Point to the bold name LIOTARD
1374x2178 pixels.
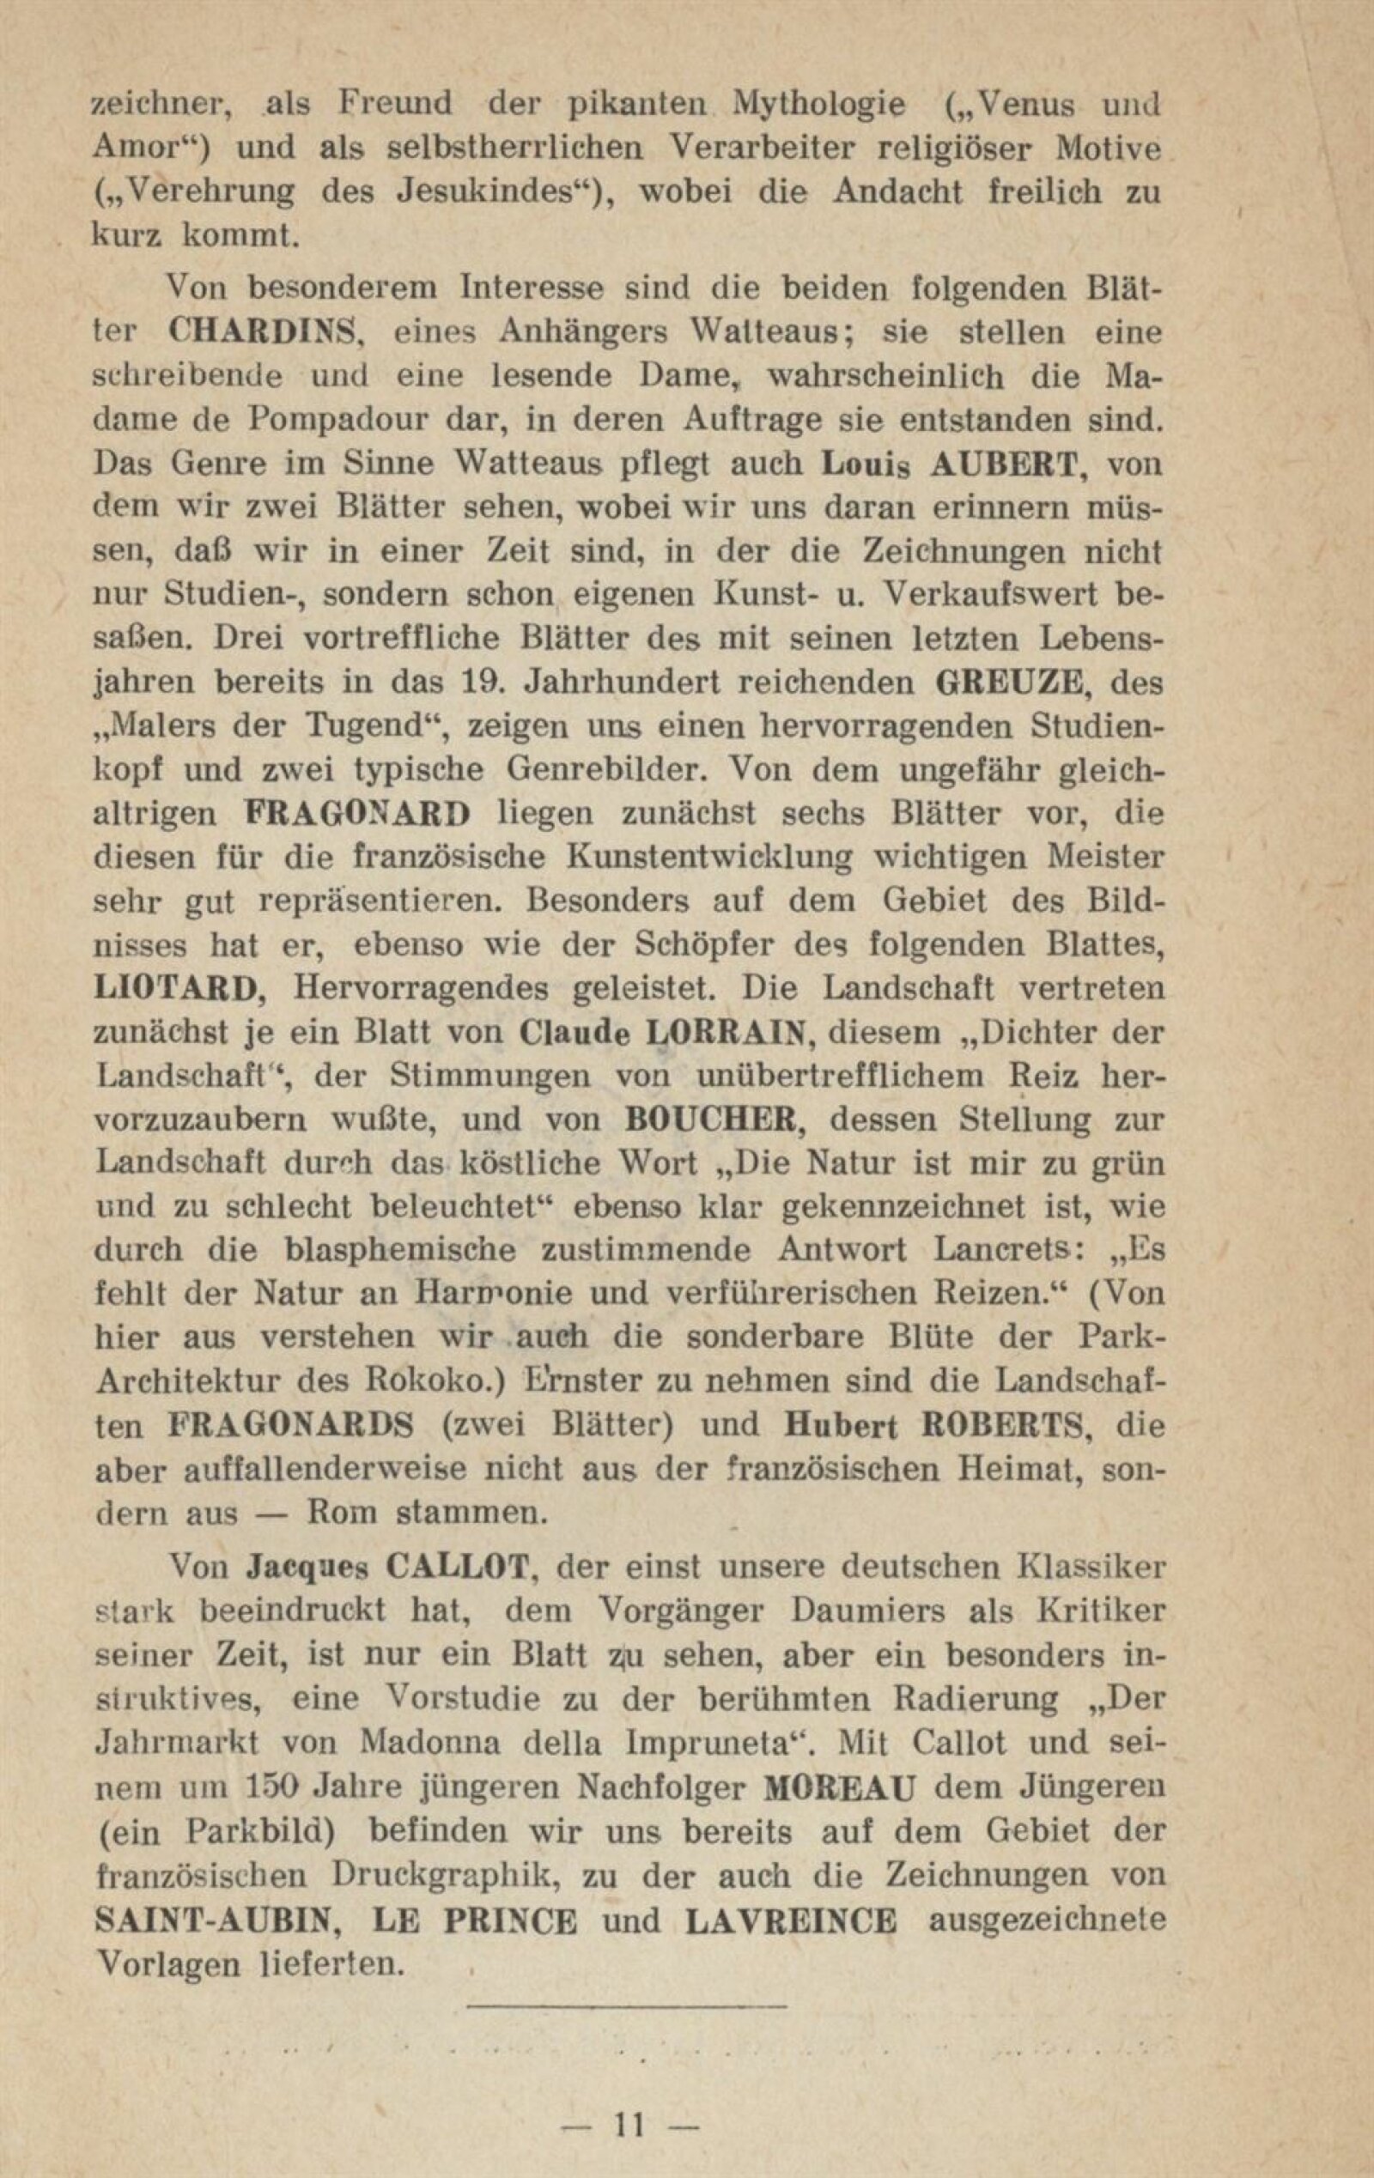pyautogui.click(x=179, y=989)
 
